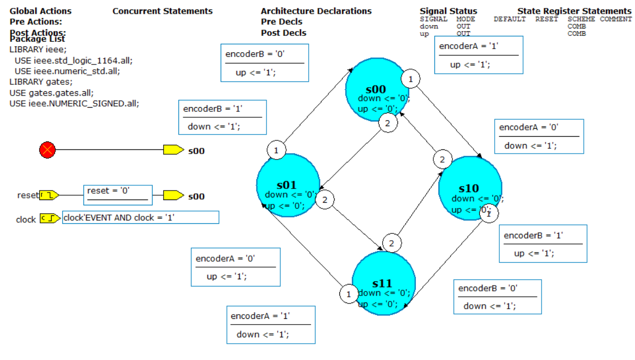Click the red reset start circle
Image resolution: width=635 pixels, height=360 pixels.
pyautogui.click(x=48, y=150)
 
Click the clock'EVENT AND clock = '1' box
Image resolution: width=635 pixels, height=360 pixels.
pyautogui.click(x=140, y=217)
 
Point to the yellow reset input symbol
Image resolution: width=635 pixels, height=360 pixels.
pyautogui.click(x=49, y=195)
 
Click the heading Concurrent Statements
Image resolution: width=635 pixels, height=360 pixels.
pyautogui.click(x=163, y=11)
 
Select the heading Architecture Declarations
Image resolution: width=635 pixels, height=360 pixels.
pyautogui.click(x=316, y=11)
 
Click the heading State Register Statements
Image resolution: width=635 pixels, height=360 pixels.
pyautogui.click(x=574, y=11)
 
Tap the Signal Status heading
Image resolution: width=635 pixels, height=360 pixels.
pyautogui.click(x=448, y=11)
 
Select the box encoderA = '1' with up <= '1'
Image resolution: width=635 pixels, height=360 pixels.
pyautogui.click(x=478, y=54)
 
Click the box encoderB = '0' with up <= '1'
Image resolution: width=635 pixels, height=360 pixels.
pyautogui.click(x=264, y=62)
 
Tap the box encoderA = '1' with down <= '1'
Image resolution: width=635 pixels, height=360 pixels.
pyautogui.click(x=270, y=325)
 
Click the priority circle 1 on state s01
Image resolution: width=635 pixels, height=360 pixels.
pyautogui.click(x=276, y=150)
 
